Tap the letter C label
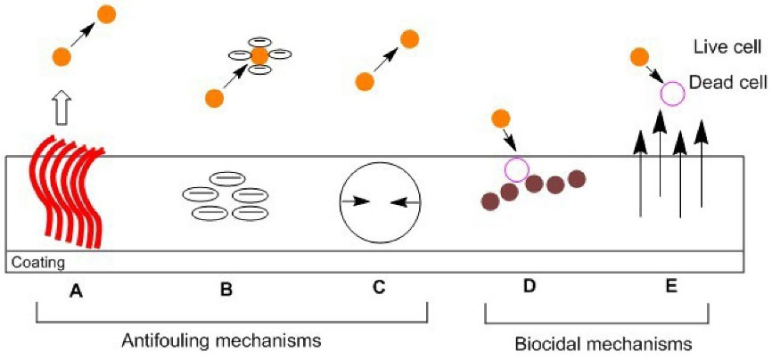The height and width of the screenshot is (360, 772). (x=378, y=288)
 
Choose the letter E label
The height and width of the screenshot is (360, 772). (x=671, y=287)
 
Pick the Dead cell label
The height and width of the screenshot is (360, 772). (x=728, y=81)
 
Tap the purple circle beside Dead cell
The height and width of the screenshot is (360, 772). (x=671, y=92)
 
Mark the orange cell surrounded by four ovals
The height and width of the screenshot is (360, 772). (x=259, y=56)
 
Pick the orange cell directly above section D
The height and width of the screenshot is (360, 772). (x=501, y=119)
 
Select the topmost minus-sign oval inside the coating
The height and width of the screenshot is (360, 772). (x=228, y=178)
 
